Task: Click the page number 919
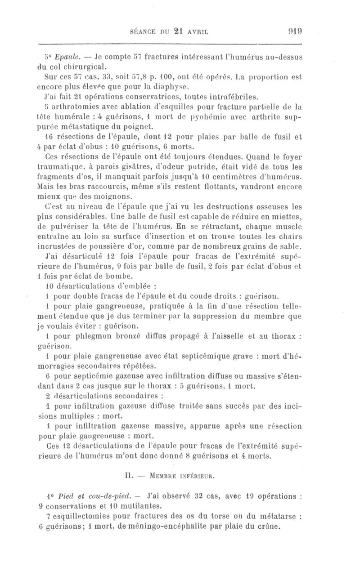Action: coord(294,31)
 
